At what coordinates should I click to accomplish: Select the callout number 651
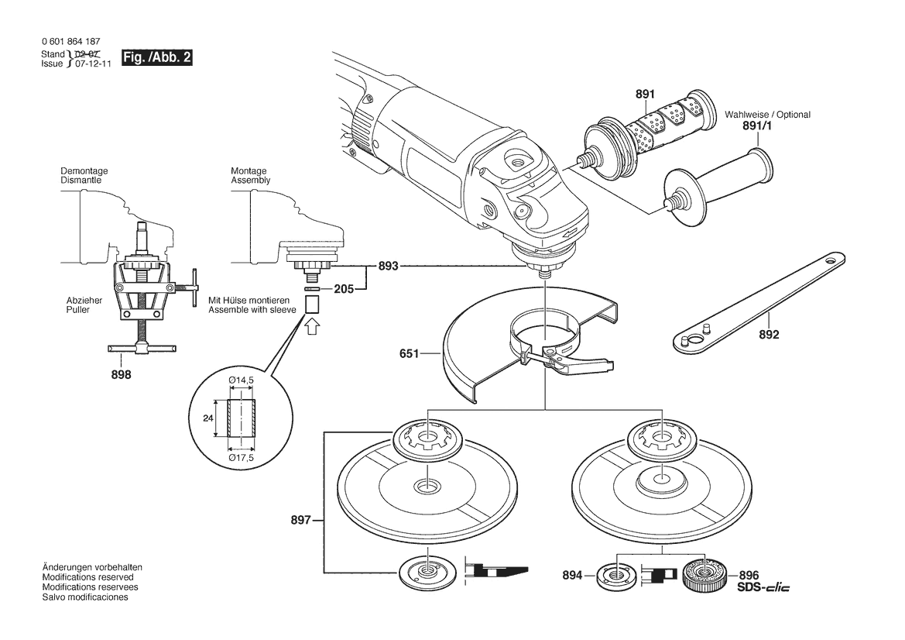click(x=408, y=354)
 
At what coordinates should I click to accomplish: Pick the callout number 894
click(x=573, y=576)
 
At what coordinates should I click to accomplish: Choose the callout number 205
click(x=345, y=290)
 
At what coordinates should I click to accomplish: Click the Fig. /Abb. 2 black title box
click(x=156, y=58)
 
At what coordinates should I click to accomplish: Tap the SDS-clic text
click(x=763, y=588)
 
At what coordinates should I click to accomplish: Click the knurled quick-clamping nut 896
click(x=704, y=576)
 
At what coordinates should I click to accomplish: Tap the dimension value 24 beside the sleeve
click(x=207, y=418)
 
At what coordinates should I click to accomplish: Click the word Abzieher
click(x=84, y=300)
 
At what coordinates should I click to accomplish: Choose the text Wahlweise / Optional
click(x=767, y=115)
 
